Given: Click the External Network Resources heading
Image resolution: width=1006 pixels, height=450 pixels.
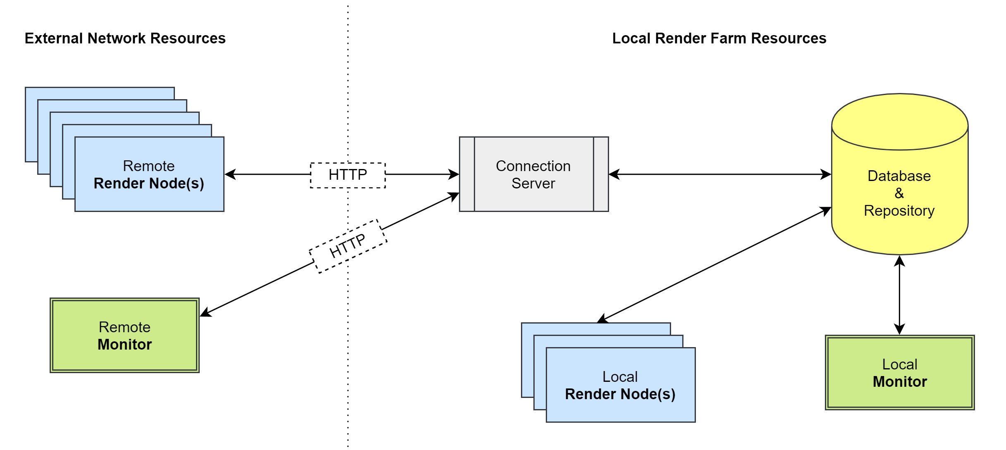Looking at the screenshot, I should coord(125,38).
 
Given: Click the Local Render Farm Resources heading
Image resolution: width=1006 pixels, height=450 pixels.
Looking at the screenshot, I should coord(719,38).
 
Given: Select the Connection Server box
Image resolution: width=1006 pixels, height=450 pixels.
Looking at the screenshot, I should coord(533,174).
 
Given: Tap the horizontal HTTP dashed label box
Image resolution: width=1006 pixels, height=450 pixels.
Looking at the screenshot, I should coord(348,175).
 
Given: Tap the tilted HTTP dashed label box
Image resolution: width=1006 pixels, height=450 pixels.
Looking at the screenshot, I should coord(348,246).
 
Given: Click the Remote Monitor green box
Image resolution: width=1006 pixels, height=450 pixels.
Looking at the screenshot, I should coord(124,335).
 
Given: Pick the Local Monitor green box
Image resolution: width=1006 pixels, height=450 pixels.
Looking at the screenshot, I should coord(900,372).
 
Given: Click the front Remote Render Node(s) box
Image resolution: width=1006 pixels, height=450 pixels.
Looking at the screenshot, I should coord(149,174).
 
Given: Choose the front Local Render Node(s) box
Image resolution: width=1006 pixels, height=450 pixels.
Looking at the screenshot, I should coord(620,385).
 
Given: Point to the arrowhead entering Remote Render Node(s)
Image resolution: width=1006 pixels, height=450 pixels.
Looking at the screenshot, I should coord(230,174).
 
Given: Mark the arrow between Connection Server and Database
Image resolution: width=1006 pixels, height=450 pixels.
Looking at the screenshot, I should coord(719,174).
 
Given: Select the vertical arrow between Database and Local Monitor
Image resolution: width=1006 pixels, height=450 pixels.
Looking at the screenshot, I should coord(900,295).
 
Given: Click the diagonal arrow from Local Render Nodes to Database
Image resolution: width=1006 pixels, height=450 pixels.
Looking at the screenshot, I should coord(715,264).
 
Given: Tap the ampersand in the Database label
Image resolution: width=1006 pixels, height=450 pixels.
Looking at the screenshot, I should coord(899,193).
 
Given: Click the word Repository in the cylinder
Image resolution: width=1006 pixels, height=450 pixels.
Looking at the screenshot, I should coord(899,211).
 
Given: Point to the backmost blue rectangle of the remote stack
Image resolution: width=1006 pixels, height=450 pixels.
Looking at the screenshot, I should coord(99,93).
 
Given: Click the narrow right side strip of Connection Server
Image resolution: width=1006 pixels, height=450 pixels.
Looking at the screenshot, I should coord(601,174).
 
